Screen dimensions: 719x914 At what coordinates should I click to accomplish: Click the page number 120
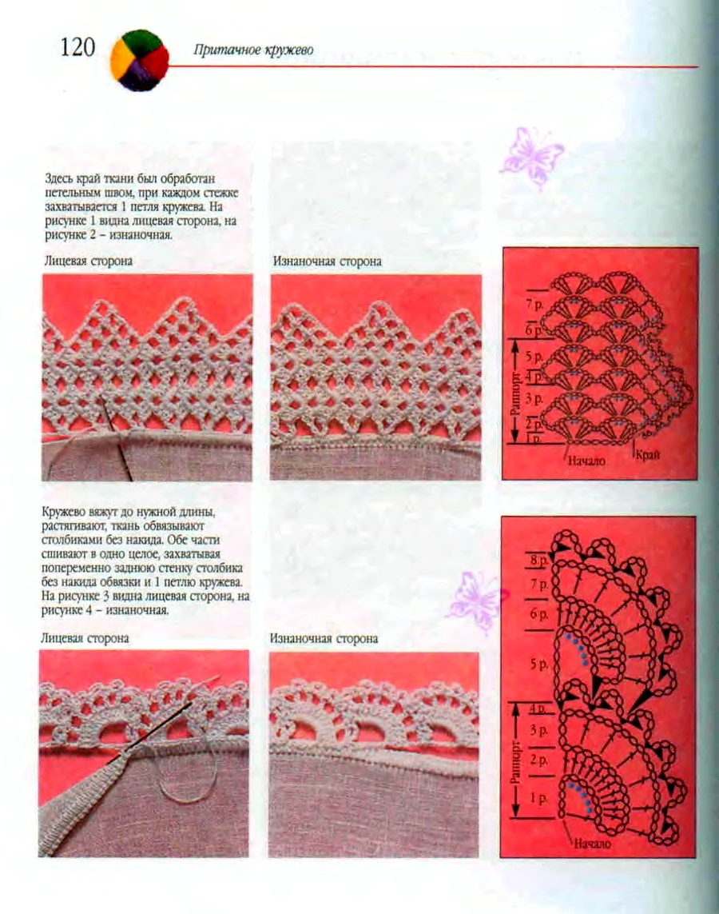click(77, 46)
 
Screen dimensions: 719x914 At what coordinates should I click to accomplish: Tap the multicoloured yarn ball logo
click(139, 59)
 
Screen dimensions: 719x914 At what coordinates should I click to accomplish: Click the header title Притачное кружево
click(252, 50)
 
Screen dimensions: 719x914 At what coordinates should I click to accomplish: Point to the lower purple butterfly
click(477, 601)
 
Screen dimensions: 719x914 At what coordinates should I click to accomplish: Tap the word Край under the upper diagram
click(648, 454)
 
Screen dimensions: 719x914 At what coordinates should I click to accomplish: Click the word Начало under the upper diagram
click(585, 461)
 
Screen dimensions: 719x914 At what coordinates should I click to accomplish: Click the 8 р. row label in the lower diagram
click(538, 561)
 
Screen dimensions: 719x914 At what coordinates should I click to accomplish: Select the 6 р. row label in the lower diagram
click(538, 614)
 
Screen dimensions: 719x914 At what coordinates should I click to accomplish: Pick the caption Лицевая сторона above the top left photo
click(88, 261)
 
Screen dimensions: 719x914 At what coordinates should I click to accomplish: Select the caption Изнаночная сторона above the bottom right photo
click(324, 638)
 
